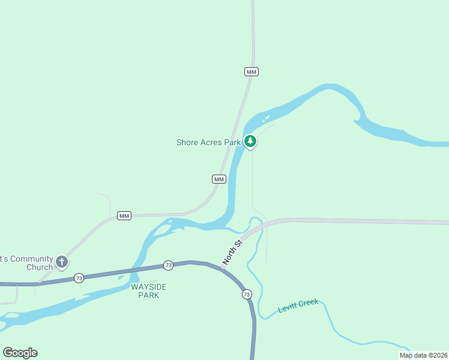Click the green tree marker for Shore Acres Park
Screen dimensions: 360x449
pyautogui.click(x=250, y=142)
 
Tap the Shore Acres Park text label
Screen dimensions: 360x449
pyautogui.click(x=208, y=142)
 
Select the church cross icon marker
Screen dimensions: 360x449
pyautogui.click(x=62, y=262)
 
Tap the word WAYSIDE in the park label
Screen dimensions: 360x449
pyautogui.click(x=148, y=287)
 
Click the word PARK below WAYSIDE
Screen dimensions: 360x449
pyautogui.click(x=149, y=295)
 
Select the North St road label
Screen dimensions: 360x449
pyautogui.click(x=231, y=252)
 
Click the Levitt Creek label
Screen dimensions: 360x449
pyautogui.click(x=298, y=306)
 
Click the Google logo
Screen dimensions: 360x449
pyautogui.click(x=20, y=353)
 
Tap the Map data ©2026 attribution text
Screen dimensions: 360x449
pyautogui.click(x=423, y=355)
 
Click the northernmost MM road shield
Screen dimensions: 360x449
pyautogui.click(x=252, y=72)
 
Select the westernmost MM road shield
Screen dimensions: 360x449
pyautogui.click(x=124, y=216)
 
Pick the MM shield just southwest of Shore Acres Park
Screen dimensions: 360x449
pyautogui.click(x=219, y=179)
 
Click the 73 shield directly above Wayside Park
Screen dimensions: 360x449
pyautogui.click(x=168, y=265)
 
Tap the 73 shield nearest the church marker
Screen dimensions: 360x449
pyautogui.click(x=79, y=278)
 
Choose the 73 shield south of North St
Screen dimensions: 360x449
pyautogui.click(x=247, y=295)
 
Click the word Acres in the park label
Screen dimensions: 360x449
pyautogui.click(x=211, y=142)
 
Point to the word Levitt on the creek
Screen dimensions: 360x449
pyautogui.click(x=288, y=309)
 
